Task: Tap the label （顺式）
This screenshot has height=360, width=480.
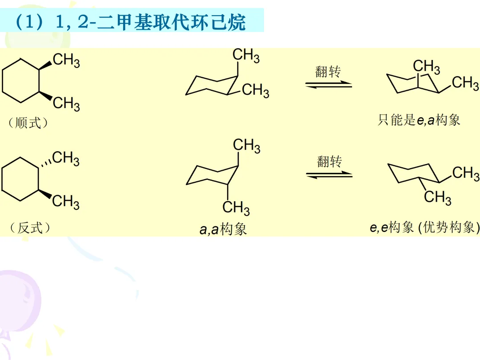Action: pos(28,123)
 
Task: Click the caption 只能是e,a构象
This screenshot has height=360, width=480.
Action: pos(419,120)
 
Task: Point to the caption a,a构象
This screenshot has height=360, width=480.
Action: pos(223,229)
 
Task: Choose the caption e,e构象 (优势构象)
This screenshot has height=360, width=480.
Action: pos(424,228)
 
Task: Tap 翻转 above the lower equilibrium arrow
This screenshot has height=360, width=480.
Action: pos(329,161)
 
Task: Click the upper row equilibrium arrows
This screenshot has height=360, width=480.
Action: pos(328,84)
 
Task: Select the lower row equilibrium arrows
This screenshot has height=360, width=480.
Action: pos(329,175)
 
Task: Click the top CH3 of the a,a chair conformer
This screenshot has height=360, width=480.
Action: pos(247,146)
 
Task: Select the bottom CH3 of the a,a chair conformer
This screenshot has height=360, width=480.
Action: pos(236,208)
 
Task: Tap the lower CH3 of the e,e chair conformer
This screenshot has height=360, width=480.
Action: pos(438,197)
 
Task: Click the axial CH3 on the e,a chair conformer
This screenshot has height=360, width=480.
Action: pos(426,67)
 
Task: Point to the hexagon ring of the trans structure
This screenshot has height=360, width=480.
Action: pos(20,180)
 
